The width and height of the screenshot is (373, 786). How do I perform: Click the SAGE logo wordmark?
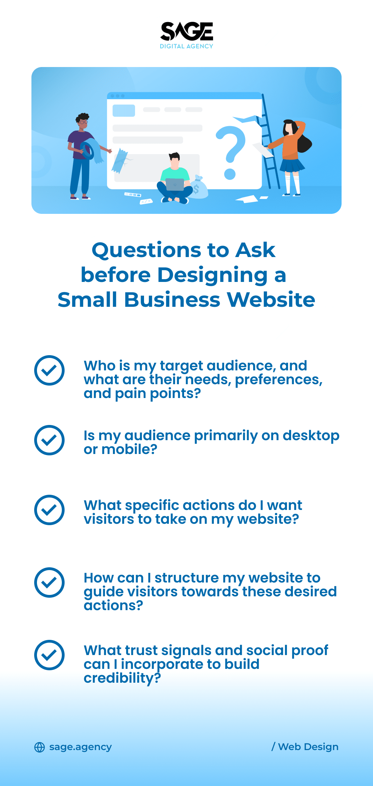[x=186, y=32]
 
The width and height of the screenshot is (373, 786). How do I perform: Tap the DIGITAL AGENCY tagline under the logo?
[x=186, y=46]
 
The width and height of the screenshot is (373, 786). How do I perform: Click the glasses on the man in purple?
[x=83, y=122]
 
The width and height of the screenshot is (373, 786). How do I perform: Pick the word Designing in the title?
[x=212, y=275]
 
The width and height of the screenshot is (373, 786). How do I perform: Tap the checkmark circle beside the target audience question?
[x=49, y=370]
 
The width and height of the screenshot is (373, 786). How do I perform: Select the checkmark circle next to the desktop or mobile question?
[x=49, y=440]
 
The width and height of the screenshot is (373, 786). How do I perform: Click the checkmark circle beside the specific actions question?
[x=49, y=510]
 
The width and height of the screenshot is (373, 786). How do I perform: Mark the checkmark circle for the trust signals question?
[x=49, y=655]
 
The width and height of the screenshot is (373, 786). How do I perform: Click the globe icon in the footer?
[x=40, y=747]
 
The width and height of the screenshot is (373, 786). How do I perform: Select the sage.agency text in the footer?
[x=80, y=747]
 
